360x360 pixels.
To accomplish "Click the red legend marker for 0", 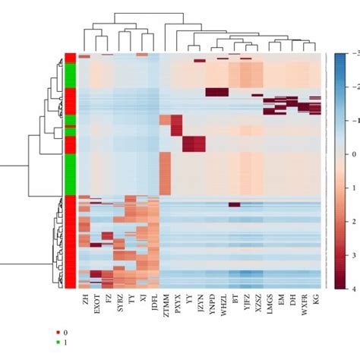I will pos(58,333).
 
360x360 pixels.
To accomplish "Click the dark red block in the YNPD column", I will pos(217,93).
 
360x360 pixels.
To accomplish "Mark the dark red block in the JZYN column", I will pos(195,144).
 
